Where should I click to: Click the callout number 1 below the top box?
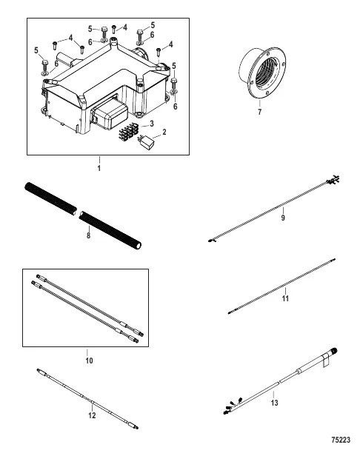[x=99, y=169]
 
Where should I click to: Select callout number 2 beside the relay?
[x=164, y=132]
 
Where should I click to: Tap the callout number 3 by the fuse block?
[x=152, y=124]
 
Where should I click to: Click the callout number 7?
[x=259, y=112]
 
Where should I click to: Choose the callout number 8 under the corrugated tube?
[x=88, y=235]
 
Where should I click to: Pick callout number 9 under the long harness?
[x=283, y=218]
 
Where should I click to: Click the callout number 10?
[x=89, y=360]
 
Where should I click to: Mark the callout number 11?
[x=285, y=298]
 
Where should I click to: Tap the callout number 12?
[x=92, y=415]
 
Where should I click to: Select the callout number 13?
[x=274, y=403]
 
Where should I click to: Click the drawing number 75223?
[x=341, y=440]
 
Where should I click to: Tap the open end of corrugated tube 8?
[x=139, y=246]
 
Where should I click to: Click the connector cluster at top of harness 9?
[x=333, y=181]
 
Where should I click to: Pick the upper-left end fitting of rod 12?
[x=41, y=372]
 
